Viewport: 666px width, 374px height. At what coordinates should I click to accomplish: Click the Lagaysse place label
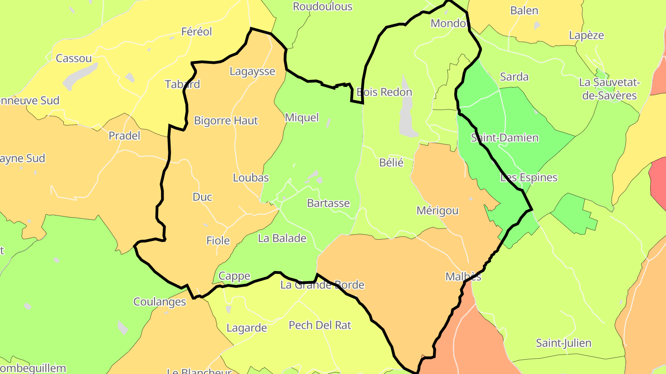tap(252, 72)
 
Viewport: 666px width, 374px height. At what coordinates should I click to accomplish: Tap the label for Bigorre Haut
tap(226, 121)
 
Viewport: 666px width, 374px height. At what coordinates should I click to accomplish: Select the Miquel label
tap(302, 118)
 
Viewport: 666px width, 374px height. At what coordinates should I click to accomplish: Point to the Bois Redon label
tap(384, 92)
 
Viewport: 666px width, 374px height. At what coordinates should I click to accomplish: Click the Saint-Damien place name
tap(505, 138)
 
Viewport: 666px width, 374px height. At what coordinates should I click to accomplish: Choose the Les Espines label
tap(529, 178)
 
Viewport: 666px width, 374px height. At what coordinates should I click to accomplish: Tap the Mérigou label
tap(437, 211)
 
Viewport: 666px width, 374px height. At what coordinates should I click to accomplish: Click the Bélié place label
tap(391, 163)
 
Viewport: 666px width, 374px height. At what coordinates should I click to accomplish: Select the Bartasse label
tap(328, 204)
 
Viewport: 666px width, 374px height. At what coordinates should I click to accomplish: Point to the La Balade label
tap(282, 239)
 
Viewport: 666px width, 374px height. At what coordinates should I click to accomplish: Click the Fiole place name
tap(218, 241)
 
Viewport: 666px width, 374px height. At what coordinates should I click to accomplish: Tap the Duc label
tap(202, 197)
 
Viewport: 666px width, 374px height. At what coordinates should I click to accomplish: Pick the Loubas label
tap(251, 178)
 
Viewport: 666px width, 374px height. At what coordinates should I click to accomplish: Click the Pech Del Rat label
tap(320, 326)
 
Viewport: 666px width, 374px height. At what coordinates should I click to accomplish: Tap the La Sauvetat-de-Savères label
tap(609, 89)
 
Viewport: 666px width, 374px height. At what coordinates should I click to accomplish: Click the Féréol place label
tap(197, 32)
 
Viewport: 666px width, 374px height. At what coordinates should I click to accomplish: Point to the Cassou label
tap(74, 59)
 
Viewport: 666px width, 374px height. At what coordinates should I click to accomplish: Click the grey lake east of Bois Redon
tap(407, 118)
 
